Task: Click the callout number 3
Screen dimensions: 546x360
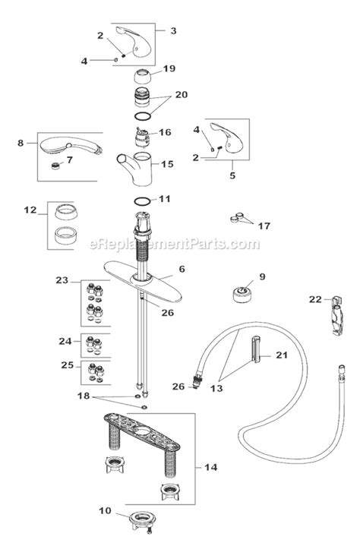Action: [173, 30]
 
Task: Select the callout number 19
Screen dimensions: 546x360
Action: [169, 69]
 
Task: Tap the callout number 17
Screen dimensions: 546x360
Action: [264, 226]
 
